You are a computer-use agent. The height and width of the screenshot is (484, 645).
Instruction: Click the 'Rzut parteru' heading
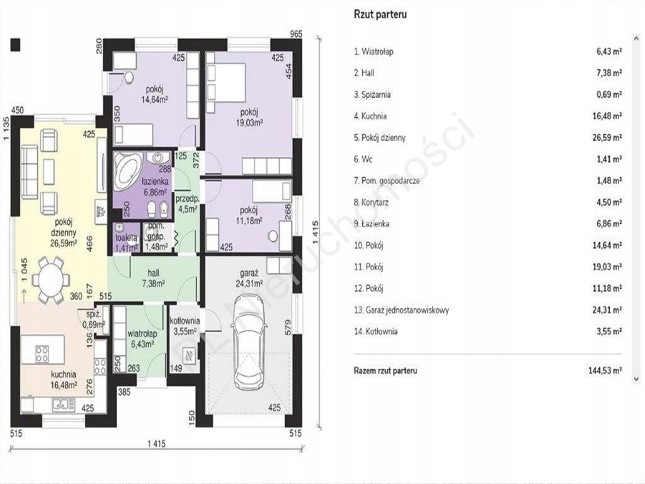pos(380,14)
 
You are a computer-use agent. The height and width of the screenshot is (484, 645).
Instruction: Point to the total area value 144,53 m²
pos(605,371)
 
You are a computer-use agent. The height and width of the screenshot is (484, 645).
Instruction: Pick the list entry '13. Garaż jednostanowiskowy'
pos(401,310)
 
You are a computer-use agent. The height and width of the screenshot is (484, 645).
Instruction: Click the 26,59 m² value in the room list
pos(607,137)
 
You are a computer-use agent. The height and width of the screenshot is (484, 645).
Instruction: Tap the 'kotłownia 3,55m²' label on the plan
pos(185,326)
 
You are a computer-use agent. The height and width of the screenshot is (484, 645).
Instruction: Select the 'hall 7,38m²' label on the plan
pos(153,278)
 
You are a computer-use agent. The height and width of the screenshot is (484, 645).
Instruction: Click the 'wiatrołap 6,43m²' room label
pos(142,338)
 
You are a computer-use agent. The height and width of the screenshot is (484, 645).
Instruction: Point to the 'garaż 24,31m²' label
pos(249,278)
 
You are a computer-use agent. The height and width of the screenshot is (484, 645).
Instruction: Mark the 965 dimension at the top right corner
pos(296,34)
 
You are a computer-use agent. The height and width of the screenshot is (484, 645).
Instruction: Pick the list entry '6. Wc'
pos(363,159)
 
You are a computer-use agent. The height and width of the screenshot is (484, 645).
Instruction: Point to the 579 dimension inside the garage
pos(288,326)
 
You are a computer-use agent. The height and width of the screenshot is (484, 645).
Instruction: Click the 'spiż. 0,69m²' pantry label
pos(94,320)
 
